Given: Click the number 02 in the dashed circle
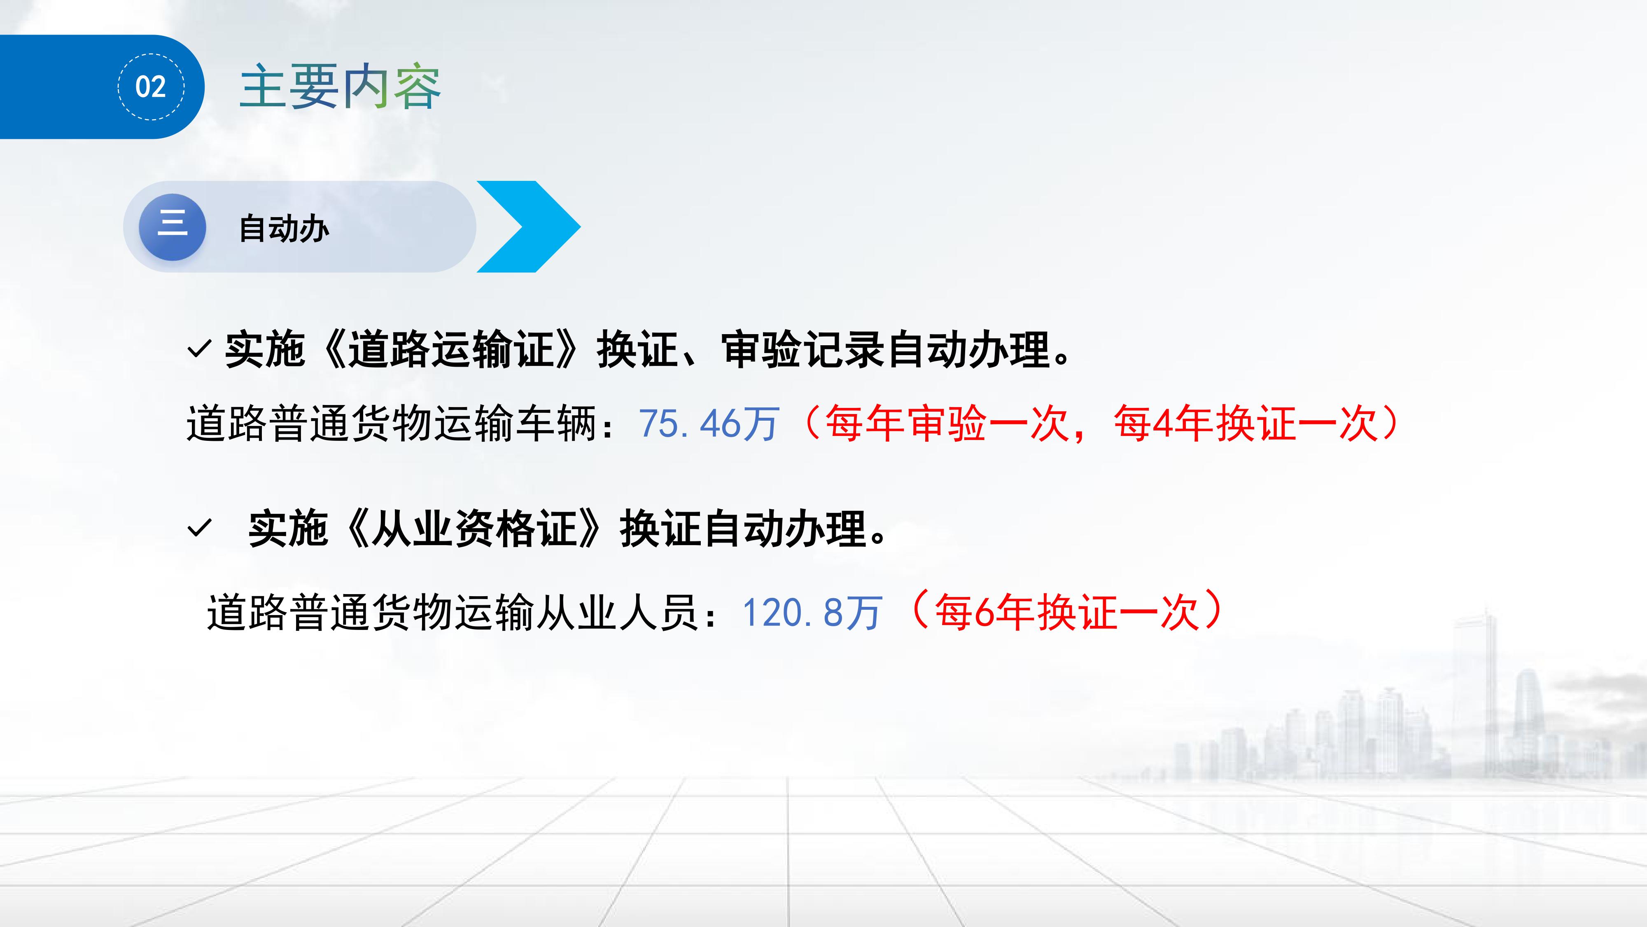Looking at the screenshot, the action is tap(151, 87).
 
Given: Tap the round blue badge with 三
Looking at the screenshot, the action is tap(172, 227).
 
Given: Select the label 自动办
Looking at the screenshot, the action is tap(284, 228).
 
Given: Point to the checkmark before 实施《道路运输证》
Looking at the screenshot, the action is tap(199, 349).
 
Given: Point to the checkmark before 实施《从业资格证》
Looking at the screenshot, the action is tap(199, 529).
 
